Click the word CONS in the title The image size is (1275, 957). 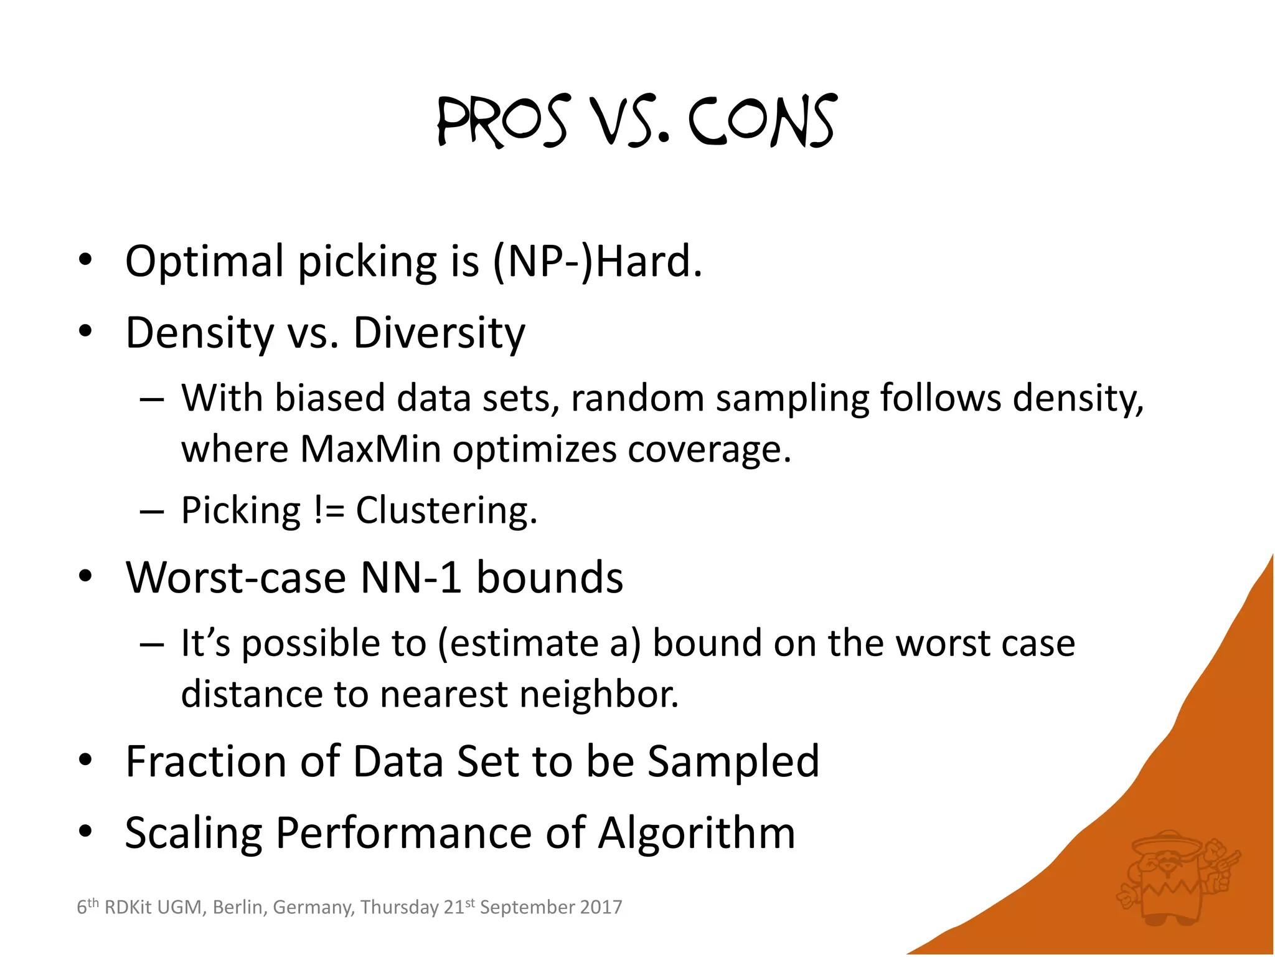[x=763, y=121]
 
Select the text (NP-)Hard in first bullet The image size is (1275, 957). [x=596, y=261]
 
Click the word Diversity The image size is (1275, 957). [x=439, y=333]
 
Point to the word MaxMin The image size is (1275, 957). [x=370, y=449]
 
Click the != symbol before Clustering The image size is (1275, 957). [x=329, y=510]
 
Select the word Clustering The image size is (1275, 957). [x=446, y=510]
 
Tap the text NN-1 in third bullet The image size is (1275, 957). [x=411, y=577]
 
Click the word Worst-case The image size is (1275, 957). [x=235, y=577]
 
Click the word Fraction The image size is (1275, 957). [x=206, y=761]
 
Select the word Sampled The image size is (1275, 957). [x=733, y=761]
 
